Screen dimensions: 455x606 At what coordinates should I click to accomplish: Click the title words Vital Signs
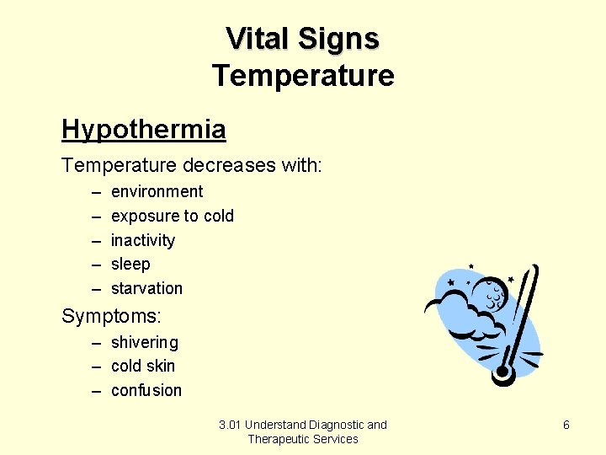[302, 38]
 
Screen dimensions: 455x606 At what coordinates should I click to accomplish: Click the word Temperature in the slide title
[302, 75]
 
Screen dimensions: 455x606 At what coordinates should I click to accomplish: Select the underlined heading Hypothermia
[143, 130]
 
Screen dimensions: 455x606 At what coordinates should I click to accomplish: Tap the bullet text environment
[157, 191]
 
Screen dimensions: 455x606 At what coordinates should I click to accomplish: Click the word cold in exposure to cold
[219, 216]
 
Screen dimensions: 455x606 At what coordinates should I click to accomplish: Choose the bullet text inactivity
[142, 240]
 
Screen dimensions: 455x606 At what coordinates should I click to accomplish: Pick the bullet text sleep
[130, 264]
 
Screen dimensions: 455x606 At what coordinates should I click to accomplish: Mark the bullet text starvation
[146, 288]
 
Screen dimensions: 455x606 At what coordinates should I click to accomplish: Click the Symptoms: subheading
[111, 317]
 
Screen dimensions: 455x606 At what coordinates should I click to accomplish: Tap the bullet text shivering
[144, 342]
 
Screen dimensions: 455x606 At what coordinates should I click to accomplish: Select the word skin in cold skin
[160, 366]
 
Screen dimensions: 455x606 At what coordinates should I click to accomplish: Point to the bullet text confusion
[146, 390]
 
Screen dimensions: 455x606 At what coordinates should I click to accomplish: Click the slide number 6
[566, 426]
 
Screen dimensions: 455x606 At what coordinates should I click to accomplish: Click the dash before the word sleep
[95, 265]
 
